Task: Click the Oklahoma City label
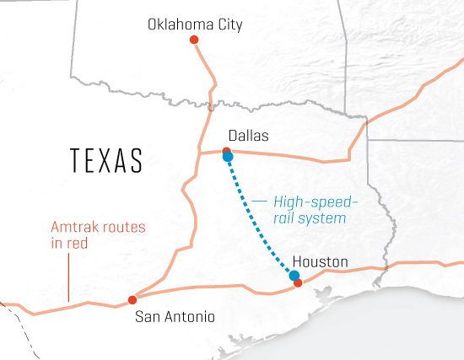click(195, 24)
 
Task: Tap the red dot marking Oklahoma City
click(195, 40)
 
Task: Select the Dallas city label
click(248, 135)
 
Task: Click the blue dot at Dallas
click(228, 156)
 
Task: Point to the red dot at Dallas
click(225, 150)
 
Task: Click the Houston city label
click(320, 262)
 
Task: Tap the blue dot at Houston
click(294, 276)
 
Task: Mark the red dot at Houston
click(298, 283)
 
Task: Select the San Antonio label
click(175, 317)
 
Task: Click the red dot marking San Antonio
click(132, 299)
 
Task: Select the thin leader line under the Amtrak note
click(67, 278)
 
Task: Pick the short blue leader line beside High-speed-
click(260, 201)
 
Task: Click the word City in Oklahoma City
click(228, 24)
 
